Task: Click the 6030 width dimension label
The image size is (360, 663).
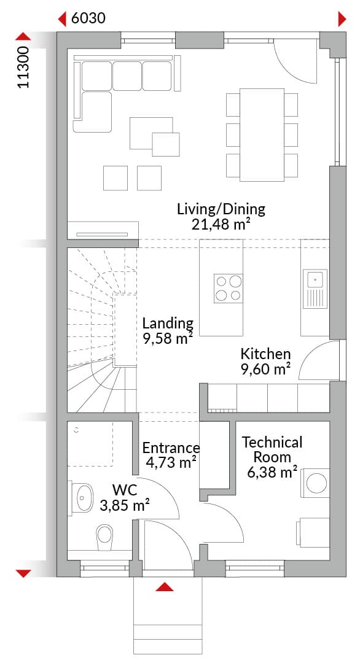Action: tap(88, 18)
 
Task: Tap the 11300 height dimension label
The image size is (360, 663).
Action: tap(24, 68)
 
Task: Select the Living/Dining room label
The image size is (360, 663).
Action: tap(221, 209)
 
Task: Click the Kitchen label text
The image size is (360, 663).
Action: tap(265, 354)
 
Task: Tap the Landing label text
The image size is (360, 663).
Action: tap(168, 324)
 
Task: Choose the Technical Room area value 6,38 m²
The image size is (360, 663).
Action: tap(272, 472)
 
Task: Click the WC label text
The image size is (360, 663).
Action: tap(125, 490)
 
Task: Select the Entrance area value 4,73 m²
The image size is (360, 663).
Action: tap(171, 463)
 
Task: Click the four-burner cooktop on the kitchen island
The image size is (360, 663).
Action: tap(228, 288)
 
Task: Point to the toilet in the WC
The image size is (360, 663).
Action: tap(105, 537)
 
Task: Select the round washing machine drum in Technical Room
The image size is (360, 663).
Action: tap(316, 483)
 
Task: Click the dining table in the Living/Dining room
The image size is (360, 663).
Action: tap(262, 135)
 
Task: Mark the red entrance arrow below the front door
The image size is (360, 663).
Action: tap(165, 586)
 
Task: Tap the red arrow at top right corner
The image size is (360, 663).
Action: tap(342, 19)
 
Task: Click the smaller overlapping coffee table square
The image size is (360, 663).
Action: tap(166, 145)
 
